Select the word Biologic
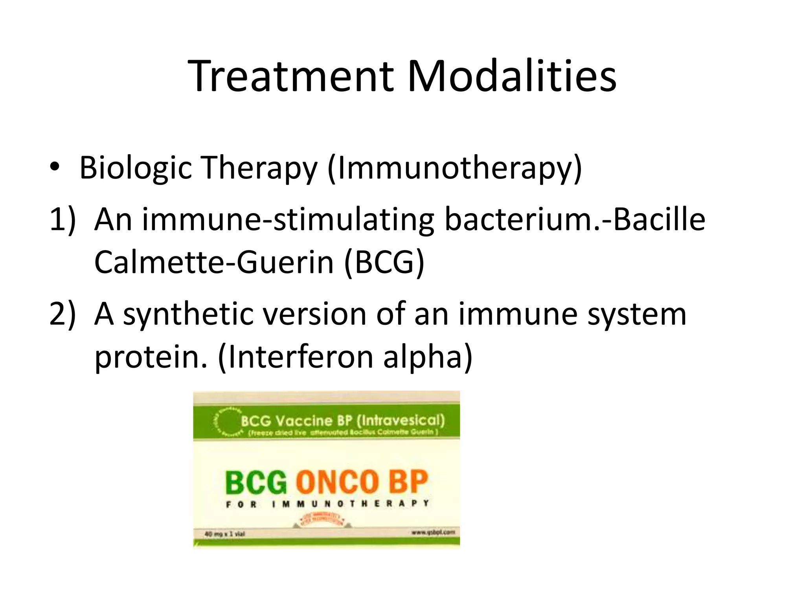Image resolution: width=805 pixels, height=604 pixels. [x=135, y=168]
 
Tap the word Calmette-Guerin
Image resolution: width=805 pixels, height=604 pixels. [x=214, y=263]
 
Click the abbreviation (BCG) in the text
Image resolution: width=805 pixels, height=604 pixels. [x=384, y=263]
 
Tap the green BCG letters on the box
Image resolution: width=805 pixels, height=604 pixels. [x=256, y=482]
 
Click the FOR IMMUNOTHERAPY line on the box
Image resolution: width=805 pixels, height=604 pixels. [x=327, y=504]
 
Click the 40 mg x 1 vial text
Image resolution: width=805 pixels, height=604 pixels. [x=224, y=534]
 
